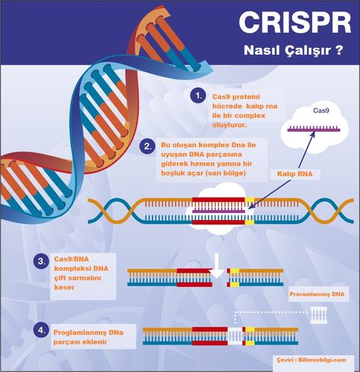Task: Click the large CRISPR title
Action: [295, 22]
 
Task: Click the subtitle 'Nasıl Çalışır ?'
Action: [294, 50]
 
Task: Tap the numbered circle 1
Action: [198, 96]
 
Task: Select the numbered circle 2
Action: [148, 146]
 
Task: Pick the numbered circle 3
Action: [41, 261]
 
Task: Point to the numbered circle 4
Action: [41, 330]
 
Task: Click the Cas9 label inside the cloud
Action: [321, 110]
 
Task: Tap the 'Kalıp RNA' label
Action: [295, 174]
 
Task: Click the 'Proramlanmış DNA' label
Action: [317, 294]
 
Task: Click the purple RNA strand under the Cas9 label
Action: [314, 129]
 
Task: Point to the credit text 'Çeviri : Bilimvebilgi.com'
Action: [311, 360]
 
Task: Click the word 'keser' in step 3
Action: [65, 288]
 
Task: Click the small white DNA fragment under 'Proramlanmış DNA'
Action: [319, 315]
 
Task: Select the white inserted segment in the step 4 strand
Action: [235, 336]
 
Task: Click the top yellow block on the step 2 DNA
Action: [250, 200]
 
